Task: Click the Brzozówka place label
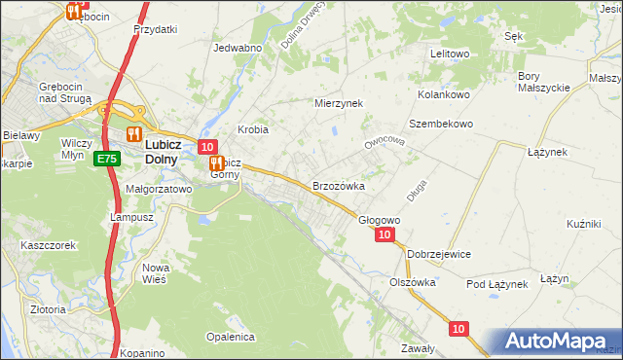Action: pos(338,186)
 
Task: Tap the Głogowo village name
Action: pos(380,221)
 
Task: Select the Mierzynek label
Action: pos(338,102)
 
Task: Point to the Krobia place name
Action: pos(253,129)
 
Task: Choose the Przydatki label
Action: pos(156,29)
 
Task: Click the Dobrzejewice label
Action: pos(439,254)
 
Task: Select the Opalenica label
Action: pos(230,337)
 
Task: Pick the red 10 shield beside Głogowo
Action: pos(385,235)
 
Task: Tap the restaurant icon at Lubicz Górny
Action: pos(217,164)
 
